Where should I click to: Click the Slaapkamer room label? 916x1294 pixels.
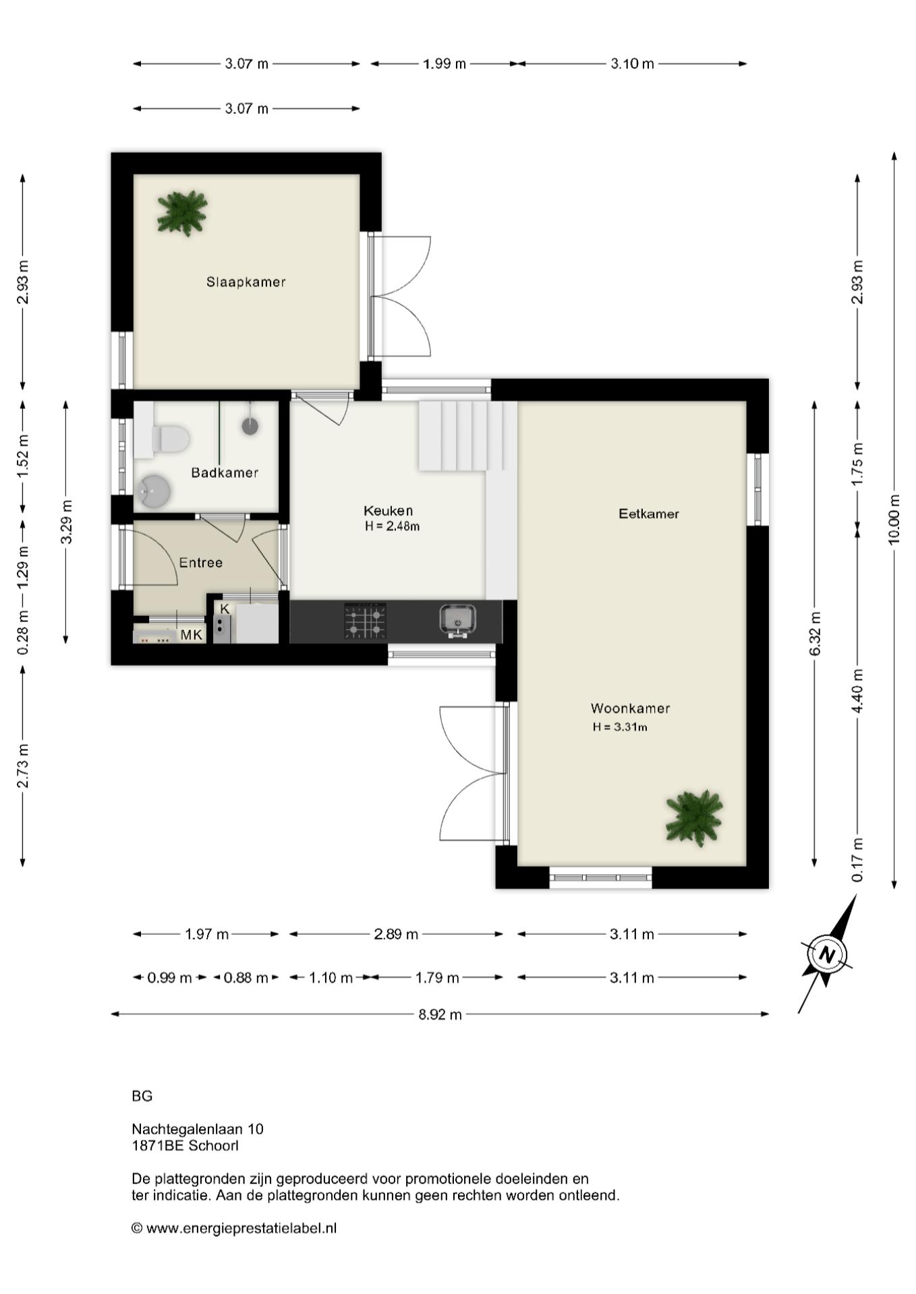pos(246,282)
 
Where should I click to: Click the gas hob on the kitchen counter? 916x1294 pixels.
pos(366,621)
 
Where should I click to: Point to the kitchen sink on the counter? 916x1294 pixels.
pos(458,620)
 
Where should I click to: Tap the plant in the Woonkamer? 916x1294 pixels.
pos(694,817)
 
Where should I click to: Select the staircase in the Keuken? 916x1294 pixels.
pos(461,436)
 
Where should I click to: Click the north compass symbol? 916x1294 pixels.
pos(827,954)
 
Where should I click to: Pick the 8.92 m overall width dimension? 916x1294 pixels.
pos(440,1014)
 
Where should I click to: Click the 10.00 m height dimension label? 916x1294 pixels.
pos(894,519)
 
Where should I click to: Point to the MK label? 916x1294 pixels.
pos(191,635)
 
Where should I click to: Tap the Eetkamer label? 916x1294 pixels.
pos(649,514)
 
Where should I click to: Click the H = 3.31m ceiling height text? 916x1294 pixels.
pos(620,727)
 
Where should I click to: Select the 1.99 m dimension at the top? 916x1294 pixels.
pos(445,64)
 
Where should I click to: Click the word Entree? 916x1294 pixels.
pos(200,563)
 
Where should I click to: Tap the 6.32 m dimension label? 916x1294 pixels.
pos(815,634)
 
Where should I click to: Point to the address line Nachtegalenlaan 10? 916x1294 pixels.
pos(198,1129)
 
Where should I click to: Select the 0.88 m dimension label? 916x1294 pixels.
pos(246,977)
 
